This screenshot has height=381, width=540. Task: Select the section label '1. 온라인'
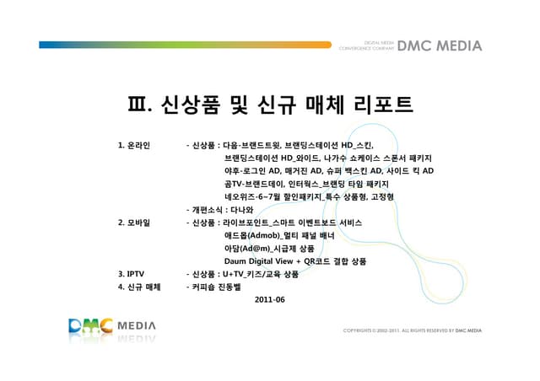[134, 145]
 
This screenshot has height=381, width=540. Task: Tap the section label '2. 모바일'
[134, 223]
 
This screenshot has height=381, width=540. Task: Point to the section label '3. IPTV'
[132, 274]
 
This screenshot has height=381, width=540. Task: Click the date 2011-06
[269, 299]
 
